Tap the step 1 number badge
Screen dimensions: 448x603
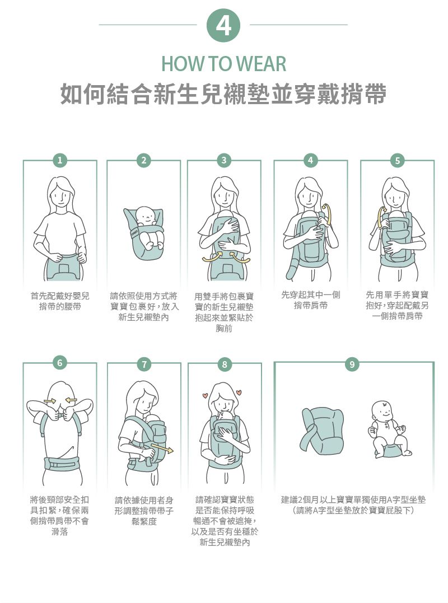59,160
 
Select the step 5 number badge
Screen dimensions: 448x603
397,160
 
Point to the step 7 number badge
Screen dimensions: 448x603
144,364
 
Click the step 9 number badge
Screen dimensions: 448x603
352,364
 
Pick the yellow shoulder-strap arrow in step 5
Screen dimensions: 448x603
381,217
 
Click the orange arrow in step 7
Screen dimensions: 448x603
162,448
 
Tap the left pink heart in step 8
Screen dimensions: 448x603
205,395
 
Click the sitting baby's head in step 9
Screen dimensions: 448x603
382,411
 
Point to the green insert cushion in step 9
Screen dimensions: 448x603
322,431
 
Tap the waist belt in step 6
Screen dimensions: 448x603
62,464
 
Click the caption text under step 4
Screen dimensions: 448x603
311,300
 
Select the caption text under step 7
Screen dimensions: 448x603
144,511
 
